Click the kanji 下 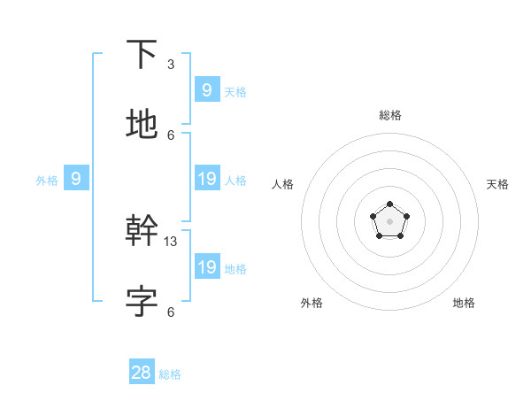(142, 56)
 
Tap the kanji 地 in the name (142, 124)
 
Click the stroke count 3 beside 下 (171, 65)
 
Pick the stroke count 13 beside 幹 (171, 242)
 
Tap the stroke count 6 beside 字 (171, 312)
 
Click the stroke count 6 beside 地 (171, 135)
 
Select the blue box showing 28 (142, 373)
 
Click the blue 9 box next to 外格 (76, 179)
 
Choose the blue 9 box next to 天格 (207, 89)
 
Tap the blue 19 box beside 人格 (207, 179)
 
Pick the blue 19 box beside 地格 (207, 266)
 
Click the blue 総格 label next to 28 (170, 374)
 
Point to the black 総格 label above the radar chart (390, 115)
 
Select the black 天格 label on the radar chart (497, 184)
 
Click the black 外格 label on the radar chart (312, 303)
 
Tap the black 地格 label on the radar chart (464, 303)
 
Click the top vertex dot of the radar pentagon (389, 205)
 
